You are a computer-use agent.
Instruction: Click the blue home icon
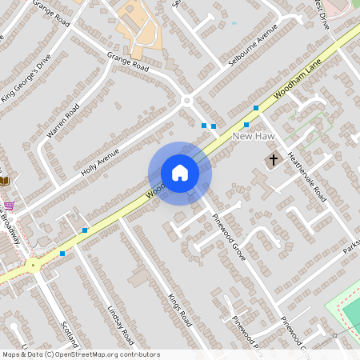[180, 173]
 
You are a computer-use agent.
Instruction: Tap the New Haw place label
[254, 138]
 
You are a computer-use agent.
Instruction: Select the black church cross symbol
[273, 160]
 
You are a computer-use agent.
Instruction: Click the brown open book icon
[3, 182]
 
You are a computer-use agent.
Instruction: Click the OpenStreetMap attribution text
[80, 354]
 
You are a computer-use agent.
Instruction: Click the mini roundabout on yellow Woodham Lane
[33, 266]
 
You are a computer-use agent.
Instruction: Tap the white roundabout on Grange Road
[187, 101]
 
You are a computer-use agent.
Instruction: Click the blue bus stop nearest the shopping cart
[62, 254]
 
